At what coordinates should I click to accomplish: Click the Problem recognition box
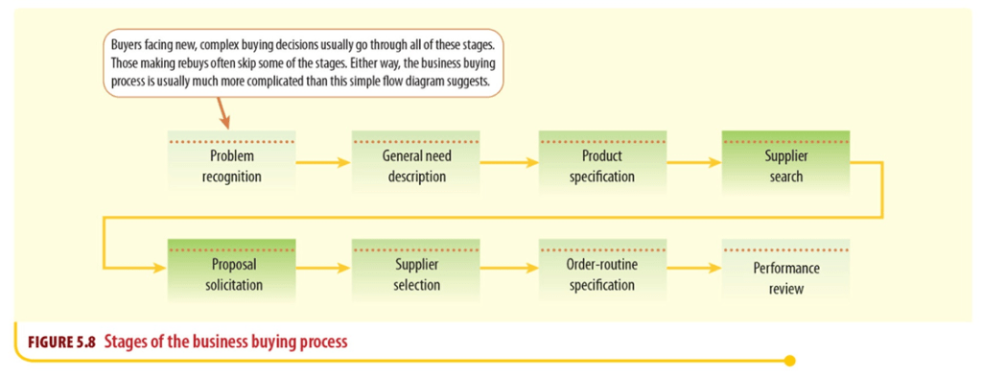pyautogui.click(x=231, y=163)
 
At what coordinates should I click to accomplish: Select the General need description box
pyautogui.click(x=416, y=163)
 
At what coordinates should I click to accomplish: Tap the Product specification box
pyautogui.click(x=601, y=163)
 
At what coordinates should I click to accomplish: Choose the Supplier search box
pyautogui.click(x=785, y=163)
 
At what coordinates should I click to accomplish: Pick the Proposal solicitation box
pyautogui.click(x=231, y=272)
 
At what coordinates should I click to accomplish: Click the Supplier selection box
pyautogui.click(x=416, y=272)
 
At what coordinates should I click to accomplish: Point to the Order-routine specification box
pyautogui.click(x=601, y=272)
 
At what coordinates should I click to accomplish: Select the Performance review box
pyautogui.click(x=785, y=272)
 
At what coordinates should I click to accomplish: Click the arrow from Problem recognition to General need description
pyautogui.click(x=323, y=163)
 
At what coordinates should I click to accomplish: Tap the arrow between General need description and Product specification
pyautogui.click(x=509, y=163)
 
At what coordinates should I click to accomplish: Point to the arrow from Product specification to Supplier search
pyautogui.click(x=694, y=163)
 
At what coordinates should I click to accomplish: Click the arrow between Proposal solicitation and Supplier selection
pyautogui.click(x=323, y=268)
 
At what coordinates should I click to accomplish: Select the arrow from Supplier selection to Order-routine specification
pyautogui.click(x=509, y=268)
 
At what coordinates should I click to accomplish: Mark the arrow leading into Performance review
pyautogui.click(x=694, y=268)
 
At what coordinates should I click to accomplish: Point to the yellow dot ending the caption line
pyautogui.click(x=790, y=361)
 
